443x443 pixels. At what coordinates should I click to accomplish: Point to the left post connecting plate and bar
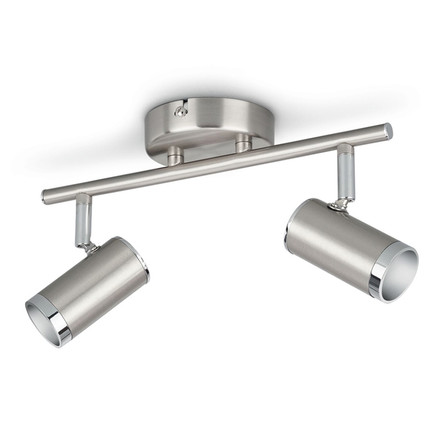point(175,155)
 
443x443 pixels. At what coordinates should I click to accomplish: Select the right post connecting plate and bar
point(243,143)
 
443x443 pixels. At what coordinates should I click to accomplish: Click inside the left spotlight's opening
point(43,319)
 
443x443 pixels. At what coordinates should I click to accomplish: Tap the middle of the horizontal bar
point(217,162)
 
